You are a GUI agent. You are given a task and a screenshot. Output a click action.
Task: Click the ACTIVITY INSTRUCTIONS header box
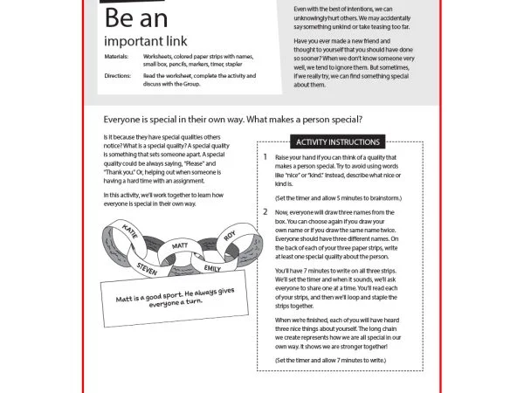[x=338, y=141]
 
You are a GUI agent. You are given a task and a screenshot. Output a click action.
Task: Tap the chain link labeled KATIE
[x=132, y=232]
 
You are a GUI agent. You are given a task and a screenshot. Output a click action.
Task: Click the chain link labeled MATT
[x=181, y=246]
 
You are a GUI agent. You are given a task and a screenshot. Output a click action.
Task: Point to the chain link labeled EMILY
[x=212, y=266]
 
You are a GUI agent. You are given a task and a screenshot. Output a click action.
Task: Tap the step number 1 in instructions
[x=265, y=157]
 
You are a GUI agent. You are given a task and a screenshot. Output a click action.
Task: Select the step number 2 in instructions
[x=265, y=212]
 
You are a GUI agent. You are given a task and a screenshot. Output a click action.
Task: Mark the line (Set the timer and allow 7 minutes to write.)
[x=329, y=360]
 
